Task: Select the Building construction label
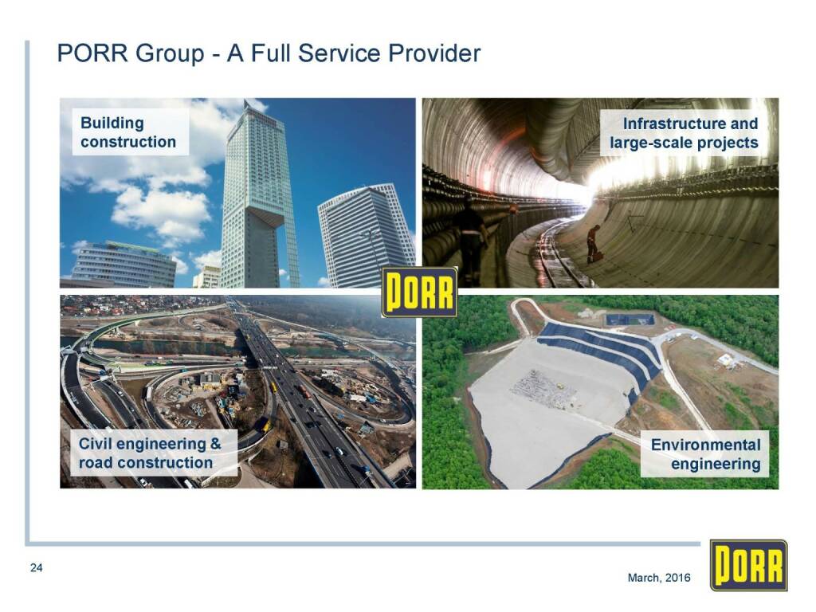(128, 132)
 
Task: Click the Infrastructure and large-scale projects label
(683, 133)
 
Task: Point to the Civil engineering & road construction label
(150, 453)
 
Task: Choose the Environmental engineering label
(705, 453)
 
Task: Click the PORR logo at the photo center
(419, 292)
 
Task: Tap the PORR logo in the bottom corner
(748, 566)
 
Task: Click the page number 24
(36, 567)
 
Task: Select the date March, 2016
(659, 578)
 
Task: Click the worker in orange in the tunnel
(593, 244)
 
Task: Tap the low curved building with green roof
(125, 264)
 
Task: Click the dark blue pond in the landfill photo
(630, 319)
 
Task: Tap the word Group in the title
(169, 53)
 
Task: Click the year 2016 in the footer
(677, 578)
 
